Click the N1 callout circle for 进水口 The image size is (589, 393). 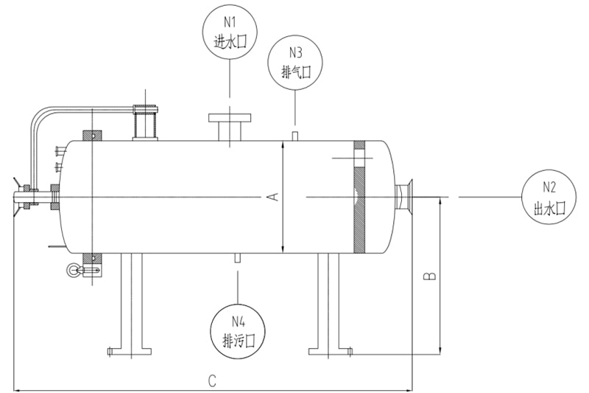(x=230, y=33)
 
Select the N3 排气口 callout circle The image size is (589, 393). (x=296, y=62)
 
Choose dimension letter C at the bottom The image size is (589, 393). (x=212, y=380)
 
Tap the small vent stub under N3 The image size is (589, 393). (x=295, y=135)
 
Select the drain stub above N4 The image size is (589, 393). (x=237, y=258)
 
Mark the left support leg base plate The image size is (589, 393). (x=130, y=352)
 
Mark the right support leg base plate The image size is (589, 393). (x=329, y=352)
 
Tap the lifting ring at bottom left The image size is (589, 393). (x=73, y=271)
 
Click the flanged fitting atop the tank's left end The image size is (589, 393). (x=145, y=121)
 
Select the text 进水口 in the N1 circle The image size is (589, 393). (x=230, y=43)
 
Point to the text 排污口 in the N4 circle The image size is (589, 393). (x=237, y=340)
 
